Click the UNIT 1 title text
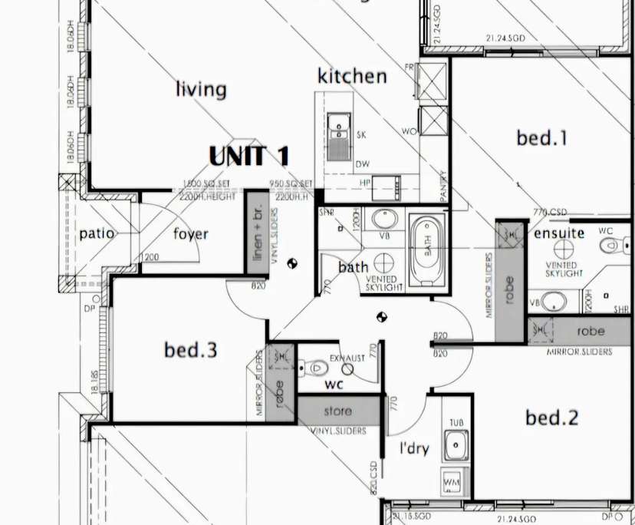tap(249, 156)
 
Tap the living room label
tap(201, 89)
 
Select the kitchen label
tap(352, 76)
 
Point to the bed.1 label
tap(541, 138)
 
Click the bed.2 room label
tap(551, 418)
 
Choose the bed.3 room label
tap(190, 351)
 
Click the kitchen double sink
tap(338, 136)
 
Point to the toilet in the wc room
tap(314, 368)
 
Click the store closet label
tap(337, 411)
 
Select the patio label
tap(97, 233)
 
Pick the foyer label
tap(189, 233)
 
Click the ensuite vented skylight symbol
tap(565, 249)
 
